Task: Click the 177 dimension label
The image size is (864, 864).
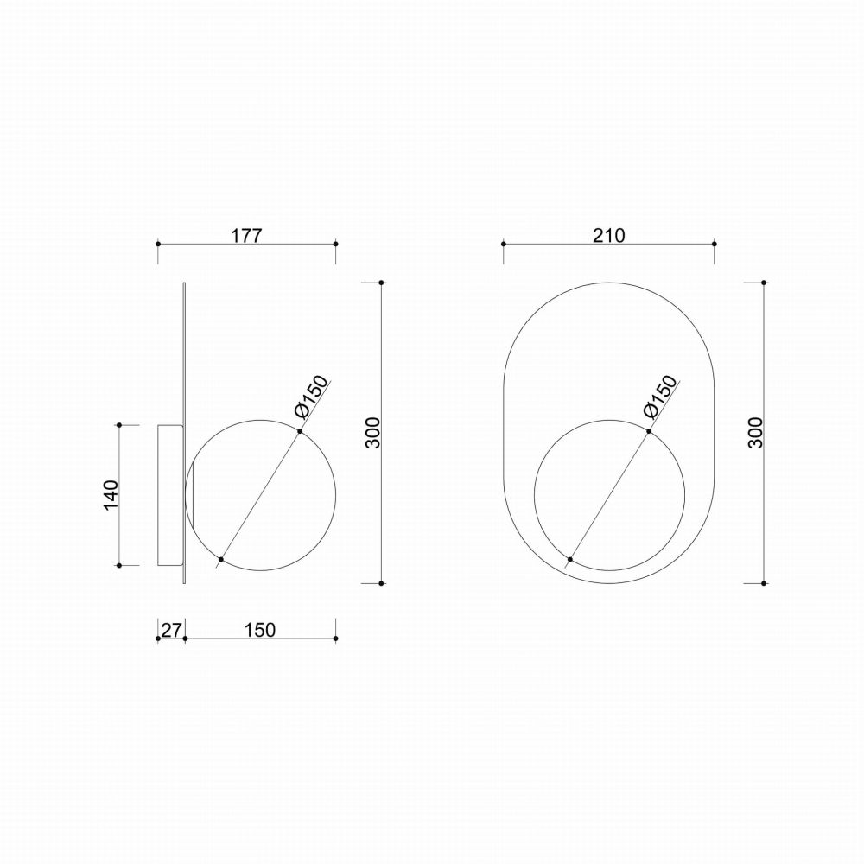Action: (245, 235)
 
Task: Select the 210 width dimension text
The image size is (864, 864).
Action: (609, 235)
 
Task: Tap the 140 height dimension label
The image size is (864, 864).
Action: (111, 495)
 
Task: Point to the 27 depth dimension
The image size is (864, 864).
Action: (171, 629)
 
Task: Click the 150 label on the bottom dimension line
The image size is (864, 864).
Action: (259, 629)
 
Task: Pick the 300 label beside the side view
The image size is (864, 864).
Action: (373, 433)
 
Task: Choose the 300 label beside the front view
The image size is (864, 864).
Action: (755, 433)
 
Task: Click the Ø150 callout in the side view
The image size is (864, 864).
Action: (311, 397)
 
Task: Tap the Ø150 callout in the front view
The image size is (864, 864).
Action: (659, 397)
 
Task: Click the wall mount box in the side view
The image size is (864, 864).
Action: (170, 495)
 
